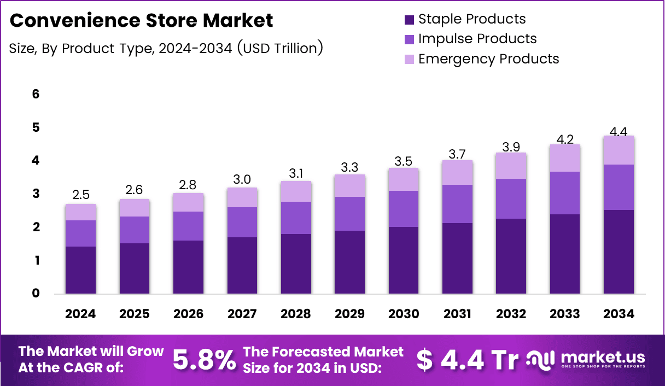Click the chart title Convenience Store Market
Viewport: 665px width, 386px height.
click(x=141, y=21)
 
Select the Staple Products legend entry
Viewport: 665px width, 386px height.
click(x=471, y=19)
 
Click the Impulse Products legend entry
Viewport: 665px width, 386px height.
click(x=477, y=39)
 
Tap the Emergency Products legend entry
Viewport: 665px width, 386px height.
click(x=488, y=59)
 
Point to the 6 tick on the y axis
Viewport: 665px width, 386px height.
click(x=36, y=94)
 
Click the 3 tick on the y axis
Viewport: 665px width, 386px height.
click(x=36, y=194)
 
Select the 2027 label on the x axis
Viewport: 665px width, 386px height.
click(x=242, y=314)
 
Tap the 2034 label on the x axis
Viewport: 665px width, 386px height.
click(x=619, y=314)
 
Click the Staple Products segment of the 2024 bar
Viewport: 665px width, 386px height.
click(x=80, y=270)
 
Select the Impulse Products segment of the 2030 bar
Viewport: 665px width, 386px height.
click(x=403, y=209)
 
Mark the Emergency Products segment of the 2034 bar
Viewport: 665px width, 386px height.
click(x=619, y=150)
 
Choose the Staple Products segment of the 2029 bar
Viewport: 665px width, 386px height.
click(x=349, y=262)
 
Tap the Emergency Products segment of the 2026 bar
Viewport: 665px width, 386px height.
click(x=188, y=202)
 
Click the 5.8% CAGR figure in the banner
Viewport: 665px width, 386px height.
click(x=205, y=360)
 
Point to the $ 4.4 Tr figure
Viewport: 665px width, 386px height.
click(x=467, y=360)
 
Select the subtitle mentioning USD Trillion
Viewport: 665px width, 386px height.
click(x=166, y=48)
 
